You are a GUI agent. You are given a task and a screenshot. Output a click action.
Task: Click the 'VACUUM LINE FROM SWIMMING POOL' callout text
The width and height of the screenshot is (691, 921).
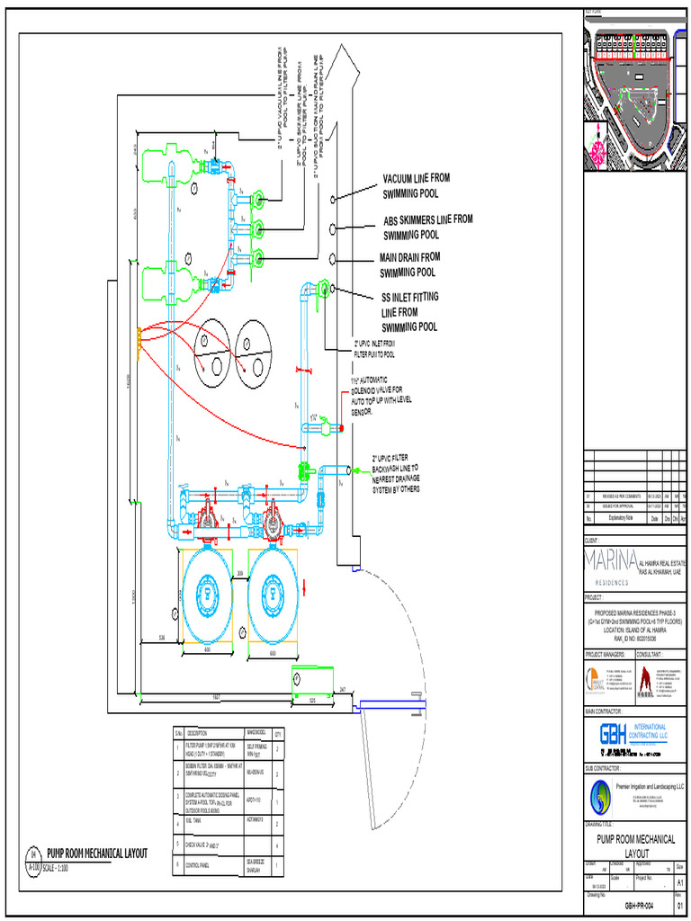tap(416, 185)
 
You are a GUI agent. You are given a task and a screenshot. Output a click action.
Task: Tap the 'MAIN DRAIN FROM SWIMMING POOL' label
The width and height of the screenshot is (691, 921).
tap(409, 264)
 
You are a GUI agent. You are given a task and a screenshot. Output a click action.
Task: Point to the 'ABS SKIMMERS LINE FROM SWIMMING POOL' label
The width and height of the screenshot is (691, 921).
tap(427, 227)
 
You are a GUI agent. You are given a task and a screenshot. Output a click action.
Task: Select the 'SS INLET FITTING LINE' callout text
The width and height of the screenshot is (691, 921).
tap(410, 311)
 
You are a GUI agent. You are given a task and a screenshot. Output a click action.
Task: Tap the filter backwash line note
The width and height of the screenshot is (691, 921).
tap(396, 473)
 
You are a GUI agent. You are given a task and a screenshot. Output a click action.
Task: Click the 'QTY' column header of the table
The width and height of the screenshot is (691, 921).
tap(277, 733)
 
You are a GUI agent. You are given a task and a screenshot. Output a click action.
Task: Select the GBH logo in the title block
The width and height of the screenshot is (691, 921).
tap(614, 735)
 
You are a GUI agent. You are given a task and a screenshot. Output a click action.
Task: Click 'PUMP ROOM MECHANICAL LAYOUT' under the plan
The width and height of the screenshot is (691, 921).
tap(97, 853)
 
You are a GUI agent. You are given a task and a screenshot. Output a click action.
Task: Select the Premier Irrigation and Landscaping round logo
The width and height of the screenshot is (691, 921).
tap(601, 795)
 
